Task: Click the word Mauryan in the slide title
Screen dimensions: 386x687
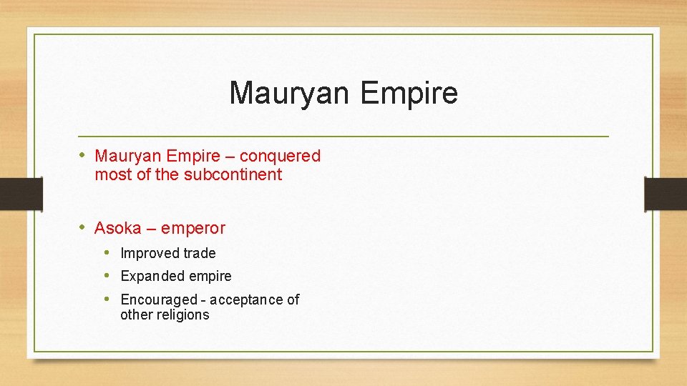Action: pyautogui.click(x=291, y=94)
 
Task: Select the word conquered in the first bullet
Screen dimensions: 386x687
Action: pyautogui.click(x=281, y=156)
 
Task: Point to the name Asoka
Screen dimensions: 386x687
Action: pyautogui.click(x=118, y=229)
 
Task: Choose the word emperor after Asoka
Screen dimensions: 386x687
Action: pyautogui.click(x=193, y=229)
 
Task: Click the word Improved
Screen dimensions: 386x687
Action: pyautogui.click(x=150, y=253)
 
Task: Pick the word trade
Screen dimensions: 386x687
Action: pyautogui.click(x=200, y=253)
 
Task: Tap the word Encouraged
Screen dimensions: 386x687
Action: pyautogui.click(x=158, y=300)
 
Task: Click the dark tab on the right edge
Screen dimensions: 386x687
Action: pyautogui.click(x=666, y=194)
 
